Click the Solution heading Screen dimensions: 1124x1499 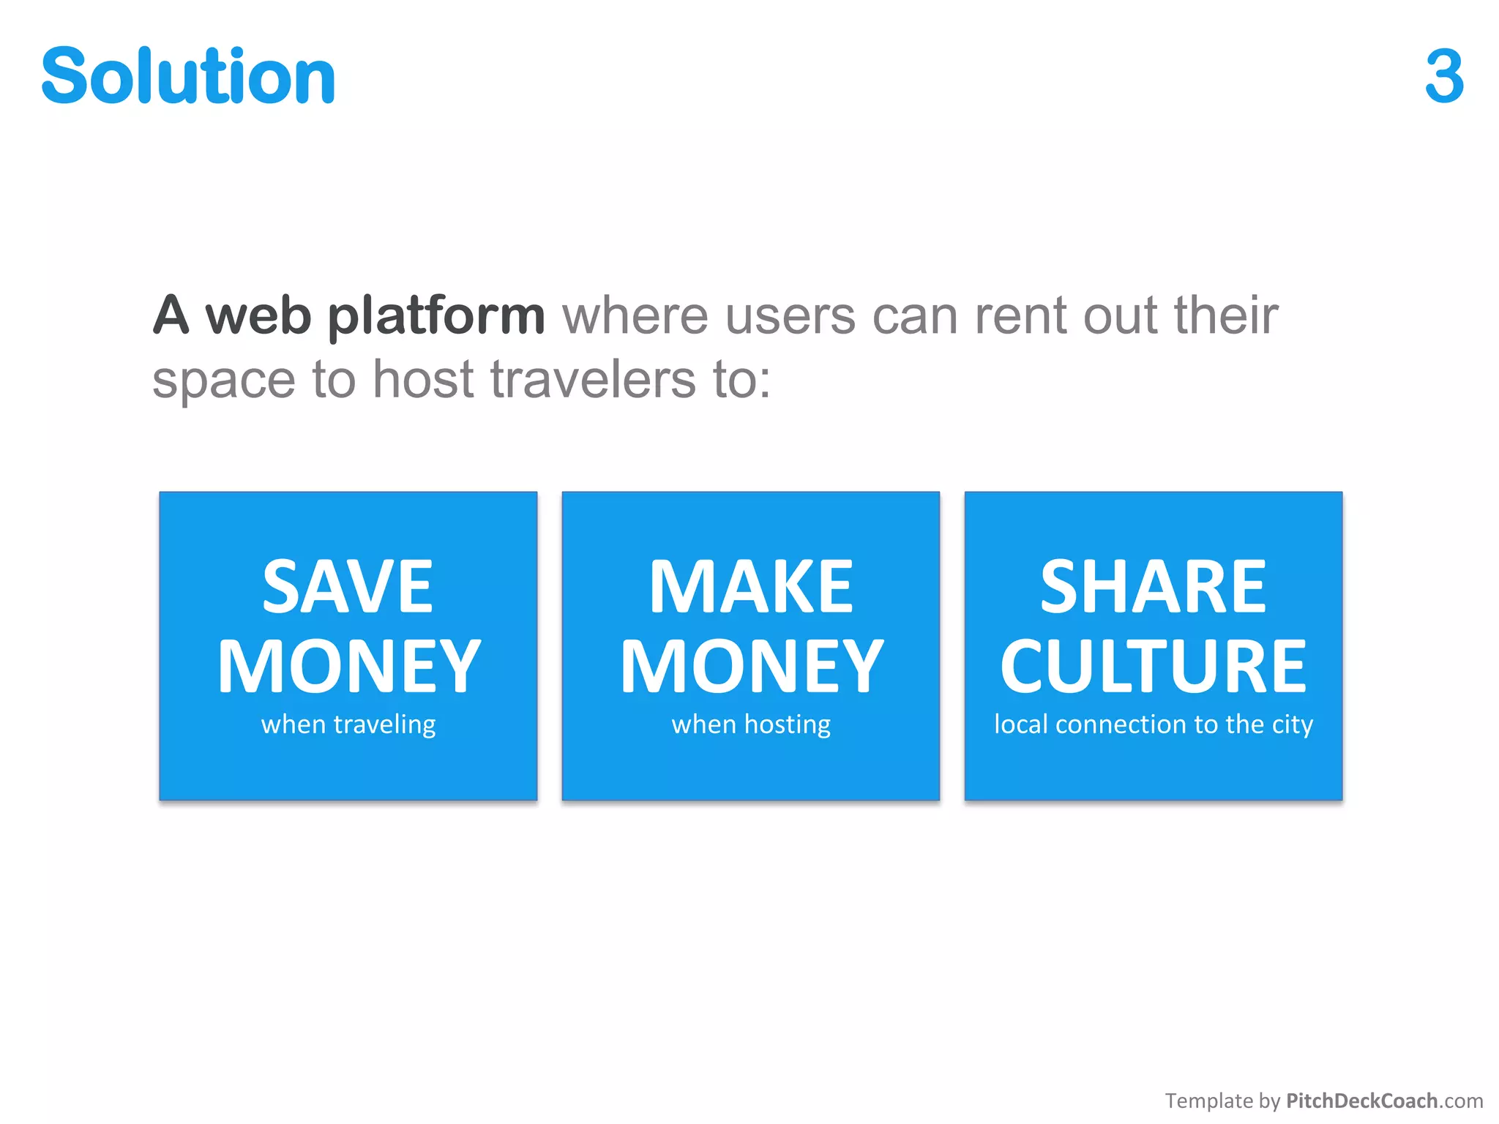(x=188, y=75)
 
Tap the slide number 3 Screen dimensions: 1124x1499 (x=1444, y=76)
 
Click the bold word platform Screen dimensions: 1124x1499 (x=436, y=316)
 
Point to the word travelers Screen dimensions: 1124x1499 (x=593, y=380)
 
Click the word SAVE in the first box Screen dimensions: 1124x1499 (x=348, y=587)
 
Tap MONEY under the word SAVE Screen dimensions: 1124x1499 (x=349, y=666)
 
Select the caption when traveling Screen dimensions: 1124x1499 (x=348, y=724)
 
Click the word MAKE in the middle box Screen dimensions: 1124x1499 (x=751, y=587)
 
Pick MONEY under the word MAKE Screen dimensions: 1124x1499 (x=752, y=666)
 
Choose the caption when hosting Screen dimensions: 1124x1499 (x=751, y=724)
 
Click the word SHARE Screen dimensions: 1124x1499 (x=1153, y=587)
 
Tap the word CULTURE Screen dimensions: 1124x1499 (x=1153, y=666)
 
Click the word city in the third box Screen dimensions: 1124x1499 (x=1292, y=724)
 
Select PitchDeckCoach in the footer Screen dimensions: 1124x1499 (x=1361, y=1101)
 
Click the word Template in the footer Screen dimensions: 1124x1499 (x=1208, y=1101)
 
